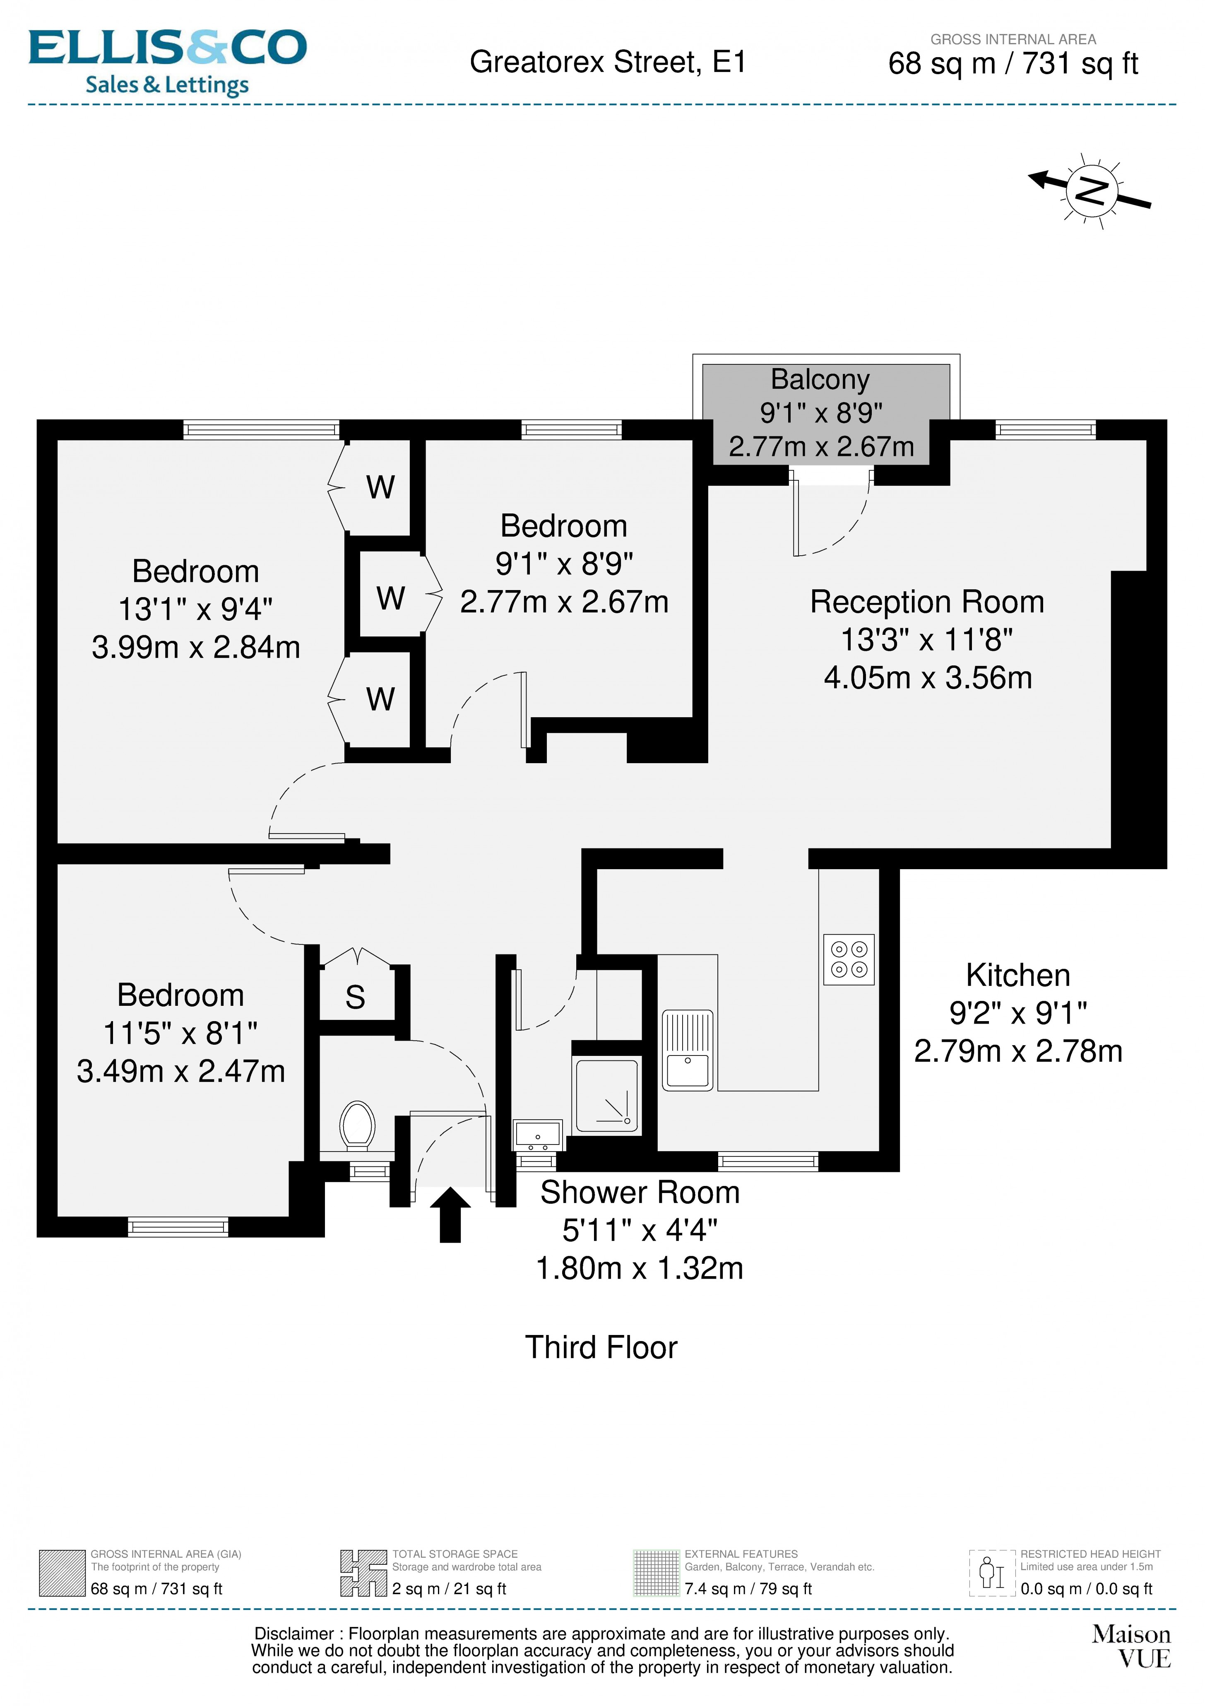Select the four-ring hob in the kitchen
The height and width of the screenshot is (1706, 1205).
pos(849,959)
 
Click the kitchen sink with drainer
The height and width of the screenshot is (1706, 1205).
pos(687,1051)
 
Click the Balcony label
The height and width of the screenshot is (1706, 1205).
pos(820,380)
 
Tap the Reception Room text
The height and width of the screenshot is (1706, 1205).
pos(926,602)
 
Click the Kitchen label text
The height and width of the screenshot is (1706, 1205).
pos(1018,975)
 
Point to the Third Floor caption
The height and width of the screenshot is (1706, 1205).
pos(601,1347)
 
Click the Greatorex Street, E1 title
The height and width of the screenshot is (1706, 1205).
pos(607,63)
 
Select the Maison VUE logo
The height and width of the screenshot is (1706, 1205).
pos(1131,1646)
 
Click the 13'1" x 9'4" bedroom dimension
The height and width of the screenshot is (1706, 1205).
pos(195,609)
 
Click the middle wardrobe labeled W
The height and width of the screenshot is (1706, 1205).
pos(391,598)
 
